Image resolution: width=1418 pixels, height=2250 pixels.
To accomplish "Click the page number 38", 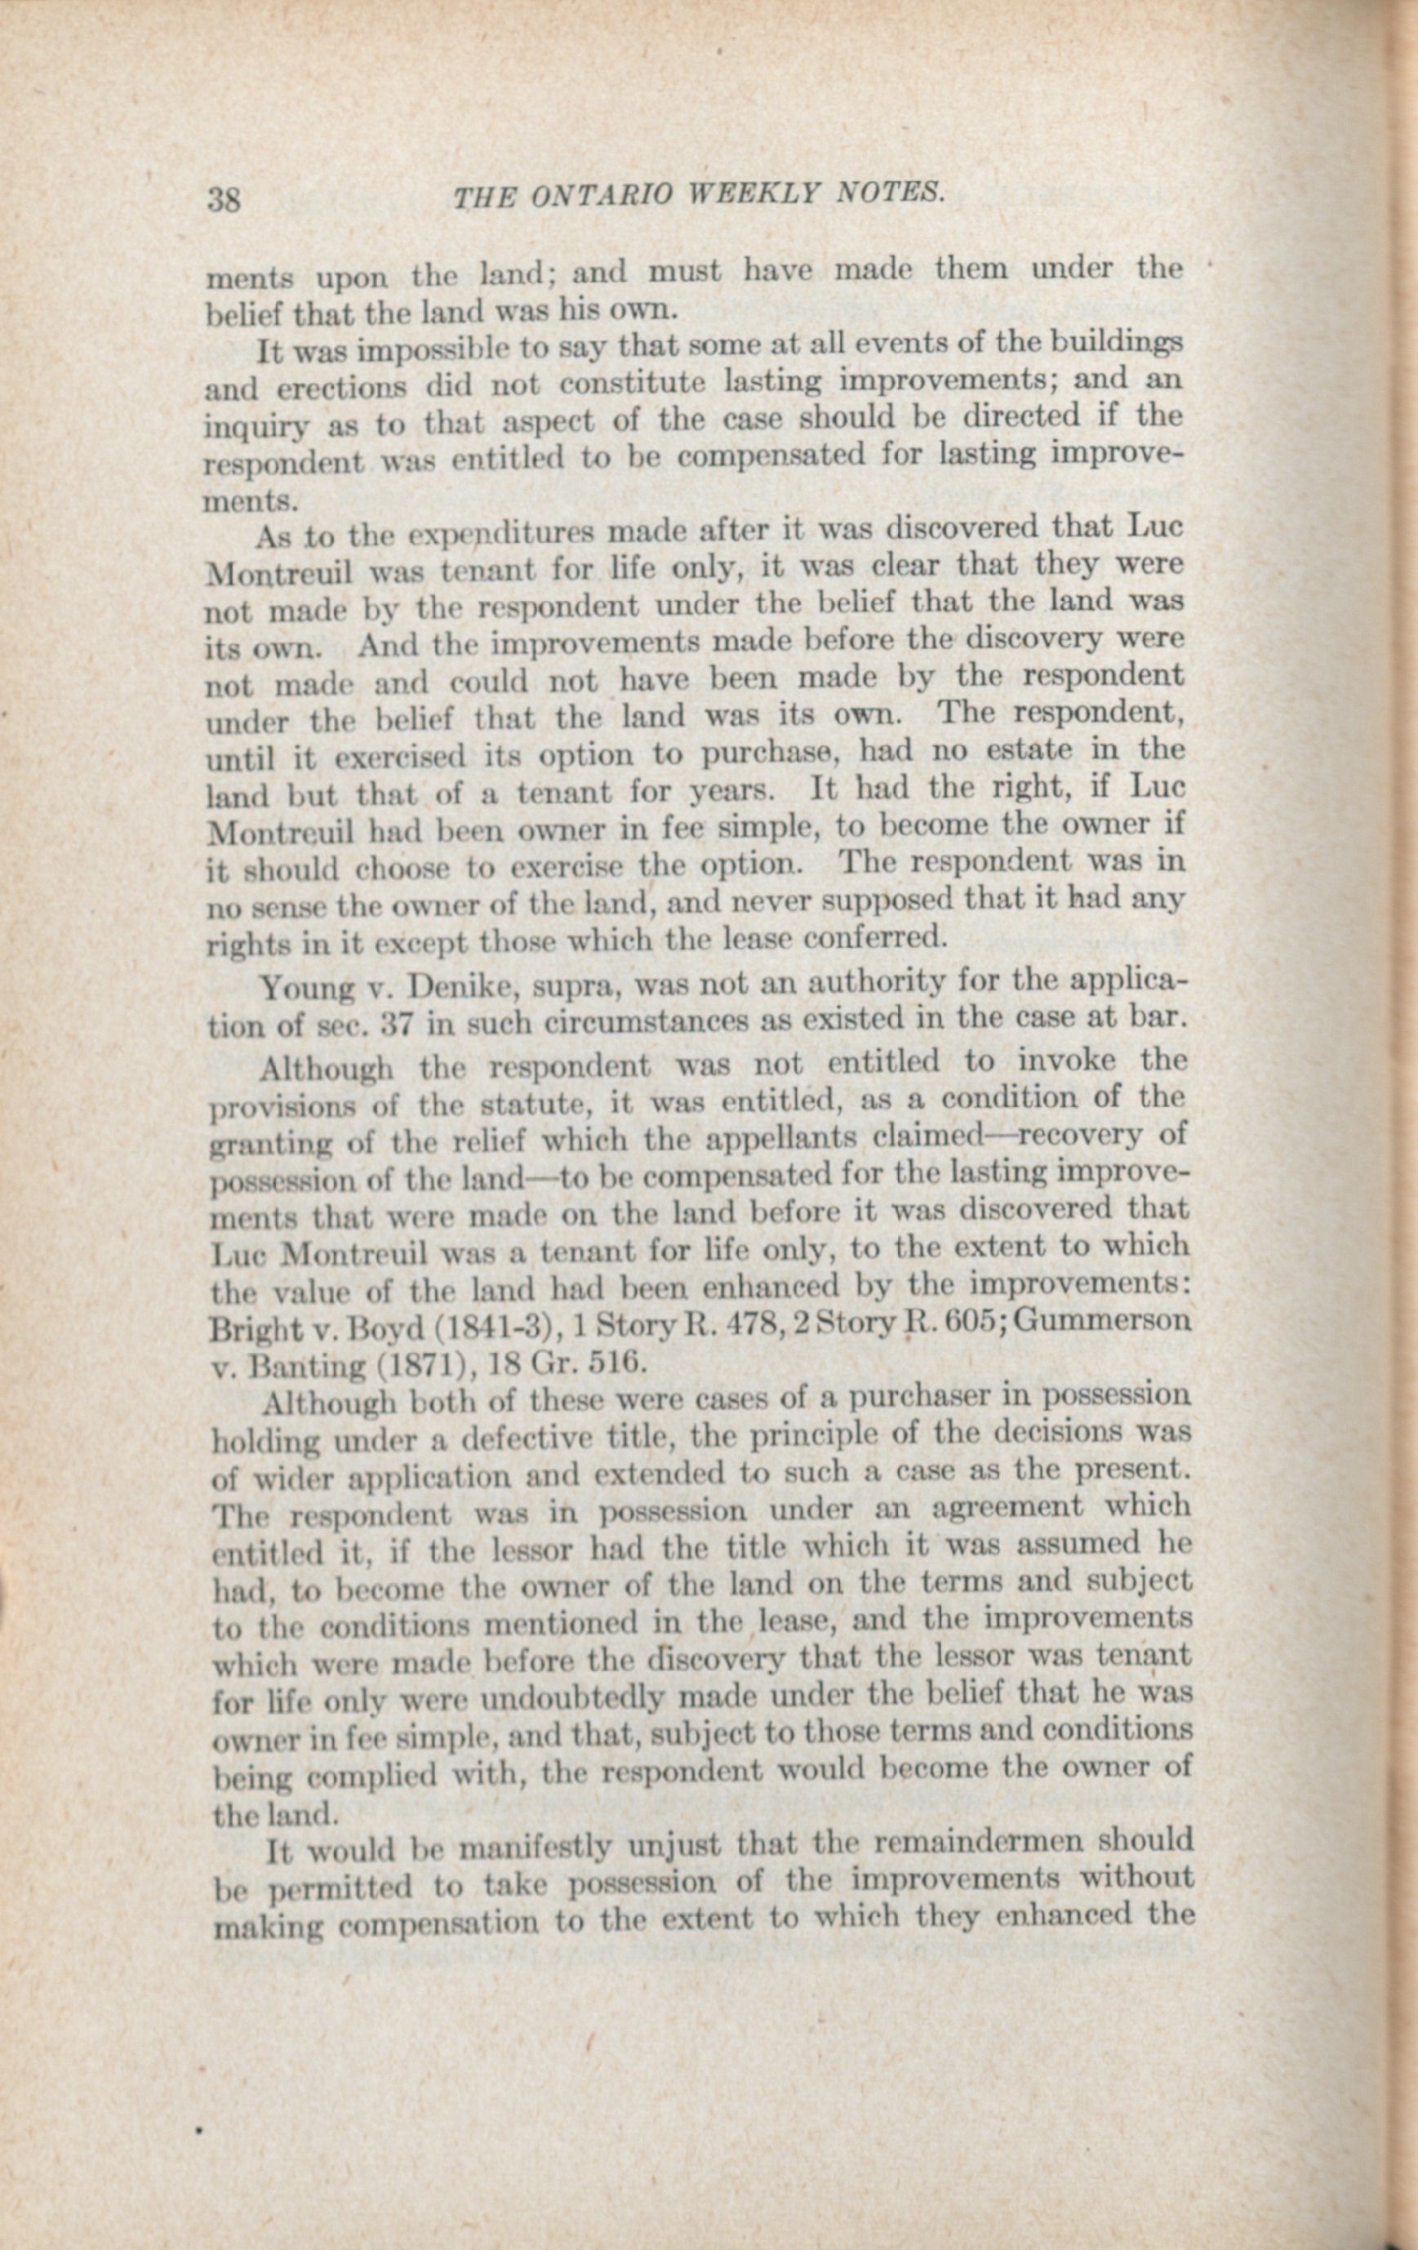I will pyautogui.click(x=224, y=201).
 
